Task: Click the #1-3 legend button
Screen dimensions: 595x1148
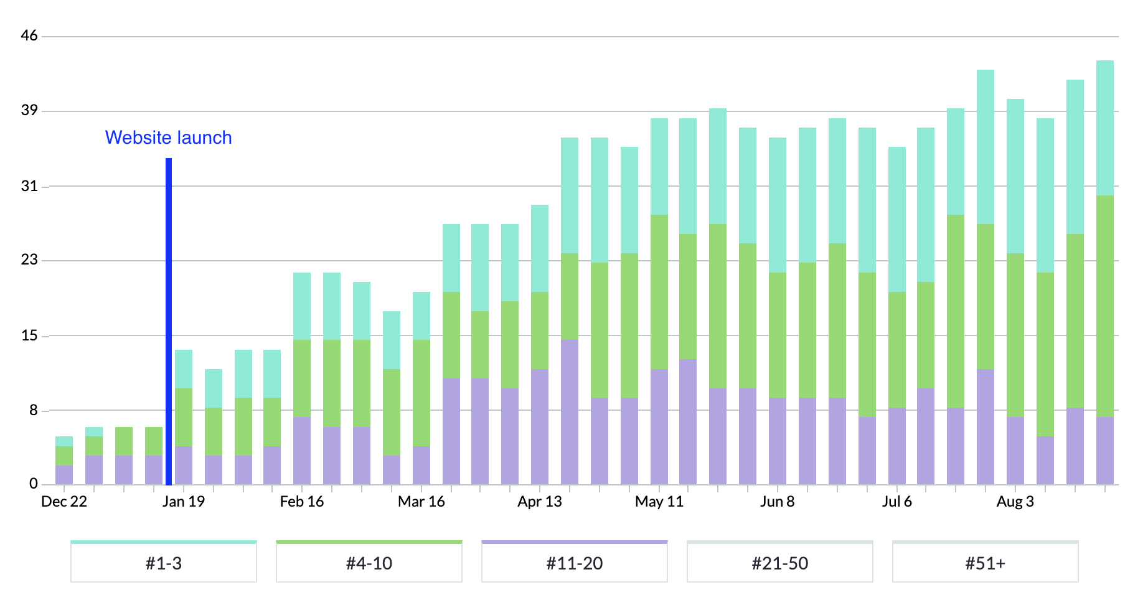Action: (x=164, y=563)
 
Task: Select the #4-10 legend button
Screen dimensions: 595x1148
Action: (x=369, y=563)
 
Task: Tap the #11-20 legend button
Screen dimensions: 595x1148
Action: (x=575, y=563)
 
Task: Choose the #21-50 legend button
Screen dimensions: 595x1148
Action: (x=780, y=563)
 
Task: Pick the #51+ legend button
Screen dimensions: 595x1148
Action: (x=986, y=563)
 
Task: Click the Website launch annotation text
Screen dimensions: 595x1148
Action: (x=168, y=138)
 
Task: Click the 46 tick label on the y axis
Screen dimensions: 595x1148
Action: (x=29, y=35)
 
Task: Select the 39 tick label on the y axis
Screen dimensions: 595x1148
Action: (x=29, y=110)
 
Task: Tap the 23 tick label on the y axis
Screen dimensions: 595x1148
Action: (x=29, y=260)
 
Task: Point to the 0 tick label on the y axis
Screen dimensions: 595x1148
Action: (x=34, y=484)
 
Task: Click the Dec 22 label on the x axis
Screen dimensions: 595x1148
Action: (x=64, y=502)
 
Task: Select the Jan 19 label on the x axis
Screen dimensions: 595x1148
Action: (x=184, y=502)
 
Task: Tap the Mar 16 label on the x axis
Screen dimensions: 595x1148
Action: (x=421, y=502)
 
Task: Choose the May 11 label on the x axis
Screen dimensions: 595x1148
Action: (x=659, y=502)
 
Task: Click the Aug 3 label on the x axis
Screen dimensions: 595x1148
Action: (x=1015, y=502)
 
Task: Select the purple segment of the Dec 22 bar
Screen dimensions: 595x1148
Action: (x=64, y=475)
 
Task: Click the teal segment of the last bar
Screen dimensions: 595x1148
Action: (x=1105, y=128)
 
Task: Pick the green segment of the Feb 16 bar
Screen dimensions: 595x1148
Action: (x=302, y=378)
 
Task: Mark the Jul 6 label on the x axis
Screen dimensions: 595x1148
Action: (x=897, y=502)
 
